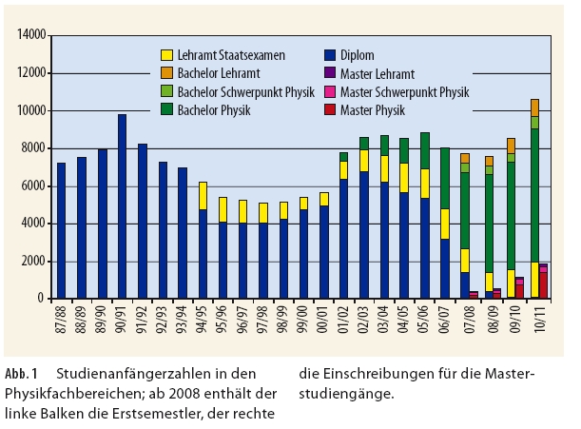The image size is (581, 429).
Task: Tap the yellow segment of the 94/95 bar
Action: coord(203,195)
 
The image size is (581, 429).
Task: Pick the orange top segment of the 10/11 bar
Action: coord(534,107)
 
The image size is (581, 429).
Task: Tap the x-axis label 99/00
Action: coord(304,319)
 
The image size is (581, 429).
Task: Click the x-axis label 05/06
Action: coord(425,319)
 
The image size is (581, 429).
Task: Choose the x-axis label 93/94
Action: coord(183,319)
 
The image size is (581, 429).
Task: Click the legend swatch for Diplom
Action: coord(330,55)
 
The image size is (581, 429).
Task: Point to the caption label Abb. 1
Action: coord(23,373)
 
